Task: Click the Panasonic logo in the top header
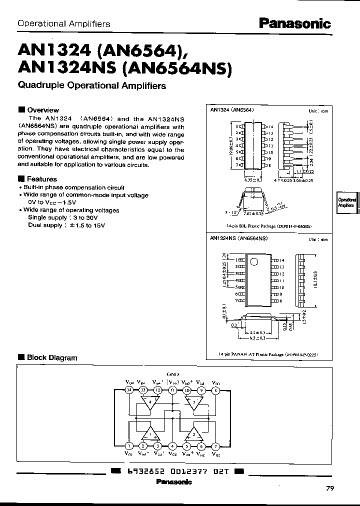[294, 23]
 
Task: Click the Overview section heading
[42, 110]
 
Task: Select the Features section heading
[41, 179]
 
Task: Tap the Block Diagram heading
[51, 357]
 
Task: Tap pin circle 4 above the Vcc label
[172, 446]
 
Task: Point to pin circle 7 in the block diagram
[215, 446]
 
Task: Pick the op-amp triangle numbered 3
[193, 403]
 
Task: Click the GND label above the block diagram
[172, 374]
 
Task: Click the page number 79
[329, 488]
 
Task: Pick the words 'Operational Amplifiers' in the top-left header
[64, 23]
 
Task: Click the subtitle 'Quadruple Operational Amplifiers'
[92, 85]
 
